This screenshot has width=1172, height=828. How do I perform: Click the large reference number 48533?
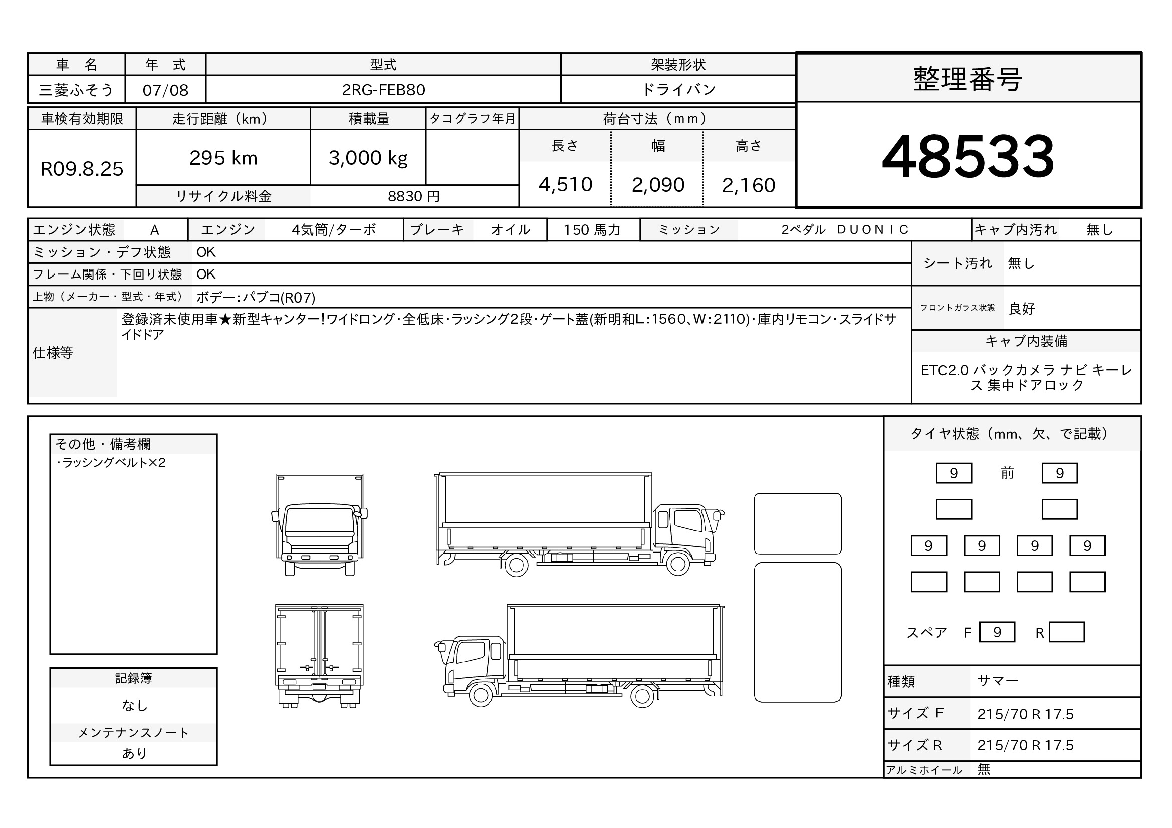[968, 156]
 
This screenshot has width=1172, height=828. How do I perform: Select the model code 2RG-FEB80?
[383, 90]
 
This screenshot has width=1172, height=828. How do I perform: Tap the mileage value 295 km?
[223, 158]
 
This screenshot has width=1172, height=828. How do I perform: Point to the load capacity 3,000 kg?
[368, 158]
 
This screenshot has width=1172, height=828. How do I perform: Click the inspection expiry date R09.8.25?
[82, 169]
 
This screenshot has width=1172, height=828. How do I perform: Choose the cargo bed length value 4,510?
[565, 185]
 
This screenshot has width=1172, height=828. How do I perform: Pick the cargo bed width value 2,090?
[658, 185]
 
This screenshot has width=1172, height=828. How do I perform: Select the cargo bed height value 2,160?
[748, 185]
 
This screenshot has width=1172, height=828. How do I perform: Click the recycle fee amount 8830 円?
[413, 196]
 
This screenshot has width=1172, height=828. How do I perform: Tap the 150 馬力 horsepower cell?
[592, 230]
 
